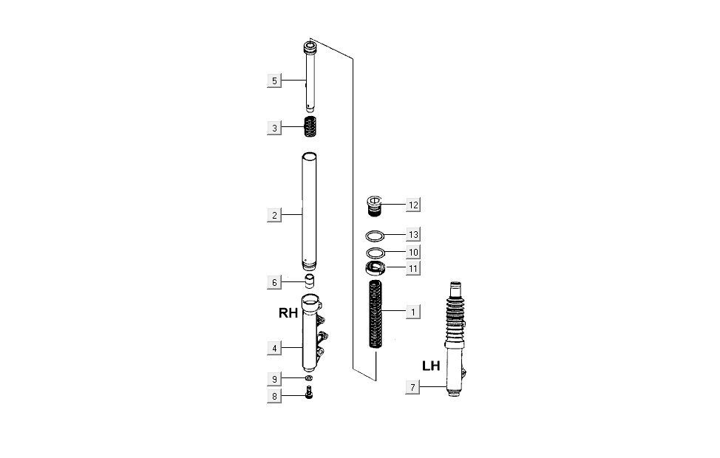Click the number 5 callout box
[274, 81]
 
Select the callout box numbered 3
[274, 128]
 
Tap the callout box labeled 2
[274, 215]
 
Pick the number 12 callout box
[413, 205]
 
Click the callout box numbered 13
[413, 234]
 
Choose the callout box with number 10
[413, 252]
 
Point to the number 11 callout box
[413, 268]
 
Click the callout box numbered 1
[413, 312]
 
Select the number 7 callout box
[412, 387]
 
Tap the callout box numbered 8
[274, 396]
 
